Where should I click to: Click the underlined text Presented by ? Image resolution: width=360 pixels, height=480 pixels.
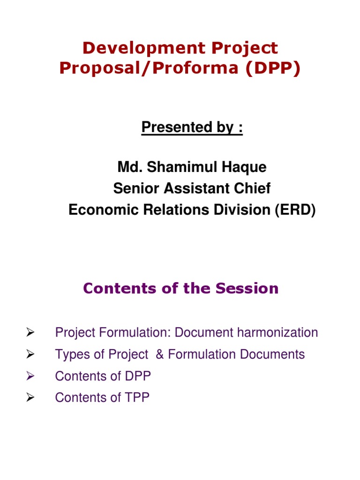coord(192,127)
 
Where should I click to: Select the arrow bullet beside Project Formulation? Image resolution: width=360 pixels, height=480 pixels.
coord(31,333)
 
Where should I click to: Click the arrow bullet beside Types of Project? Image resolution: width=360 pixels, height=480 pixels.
coord(31,354)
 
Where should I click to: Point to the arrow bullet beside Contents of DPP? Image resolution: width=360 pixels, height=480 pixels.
coord(31,376)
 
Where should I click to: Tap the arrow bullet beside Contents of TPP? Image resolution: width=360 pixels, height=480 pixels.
coord(31,397)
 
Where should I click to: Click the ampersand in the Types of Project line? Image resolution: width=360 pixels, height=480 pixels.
coord(159,354)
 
